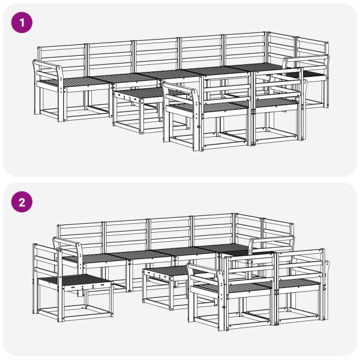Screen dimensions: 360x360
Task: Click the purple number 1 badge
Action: click(23, 23)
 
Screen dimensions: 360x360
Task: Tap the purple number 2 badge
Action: click(23, 203)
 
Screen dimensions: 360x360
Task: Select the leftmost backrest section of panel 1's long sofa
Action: click(62, 58)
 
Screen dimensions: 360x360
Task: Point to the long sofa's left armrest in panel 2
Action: click(70, 245)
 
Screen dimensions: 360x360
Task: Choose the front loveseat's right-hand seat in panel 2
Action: click(297, 283)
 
